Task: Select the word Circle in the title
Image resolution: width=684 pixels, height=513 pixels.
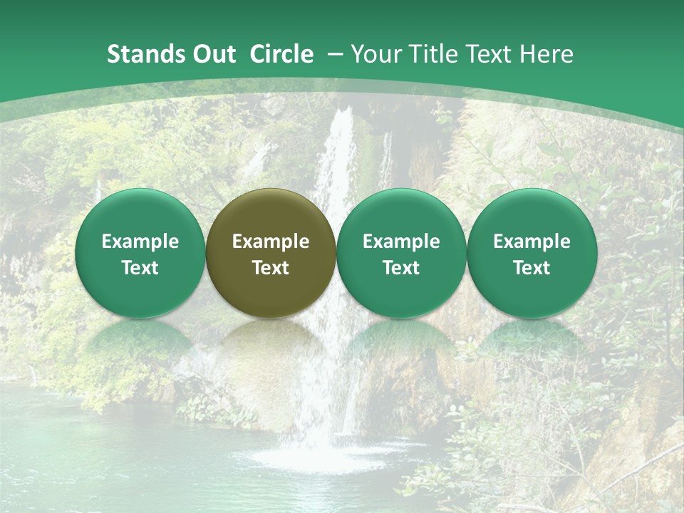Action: tap(281, 54)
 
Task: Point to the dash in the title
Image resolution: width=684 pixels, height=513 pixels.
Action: tap(336, 54)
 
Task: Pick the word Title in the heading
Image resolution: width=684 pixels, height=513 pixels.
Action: tap(430, 54)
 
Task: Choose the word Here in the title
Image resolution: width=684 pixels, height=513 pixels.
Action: tap(548, 54)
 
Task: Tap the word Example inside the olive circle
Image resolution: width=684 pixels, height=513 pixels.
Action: tap(271, 242)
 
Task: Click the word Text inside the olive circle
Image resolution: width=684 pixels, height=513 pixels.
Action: tap(271, 268)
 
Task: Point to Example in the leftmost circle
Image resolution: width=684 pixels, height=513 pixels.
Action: tap(140, 242)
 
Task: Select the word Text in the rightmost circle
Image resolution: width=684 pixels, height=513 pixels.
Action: tap(532, 268)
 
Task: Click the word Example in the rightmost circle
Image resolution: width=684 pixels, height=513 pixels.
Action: tap(532, 242)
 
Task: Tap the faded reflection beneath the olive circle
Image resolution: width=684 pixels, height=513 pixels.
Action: tap(271, 342)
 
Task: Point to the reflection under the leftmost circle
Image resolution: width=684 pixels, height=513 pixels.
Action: tap(140, 342)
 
